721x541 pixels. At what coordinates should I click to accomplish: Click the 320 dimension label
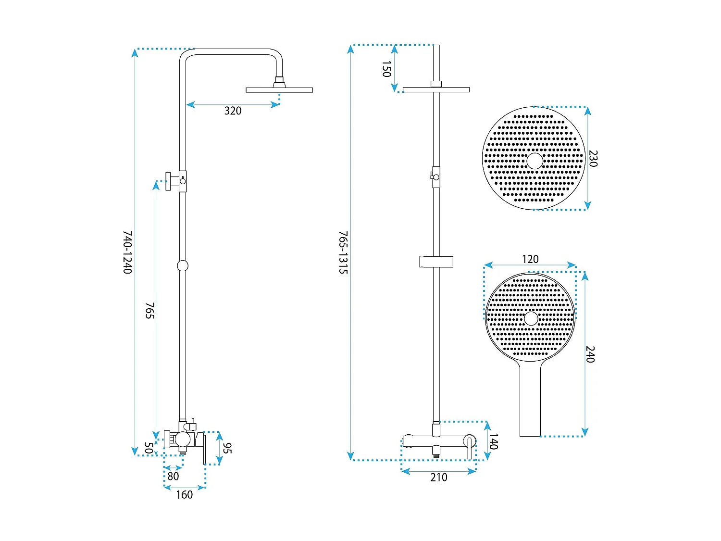tap(233, 111)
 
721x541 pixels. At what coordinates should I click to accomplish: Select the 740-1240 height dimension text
tap(127, 252)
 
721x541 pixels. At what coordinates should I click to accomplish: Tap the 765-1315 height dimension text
tap(343, 252)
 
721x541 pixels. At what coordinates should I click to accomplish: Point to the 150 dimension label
tap(386, 69)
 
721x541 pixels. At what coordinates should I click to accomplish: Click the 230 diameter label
tap(593, 159)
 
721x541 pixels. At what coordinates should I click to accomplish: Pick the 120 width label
tap(530, 259)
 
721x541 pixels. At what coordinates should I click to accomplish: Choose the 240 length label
tap(590, 354)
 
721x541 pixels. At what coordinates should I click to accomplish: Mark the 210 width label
tap(438, 477)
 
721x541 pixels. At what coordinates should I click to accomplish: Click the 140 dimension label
tap(494, 441)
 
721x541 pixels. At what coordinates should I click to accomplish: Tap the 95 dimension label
tap(227, 448)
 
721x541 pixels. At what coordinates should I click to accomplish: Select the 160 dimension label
tap(184, 495)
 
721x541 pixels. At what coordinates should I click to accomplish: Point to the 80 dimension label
tap(173, 476)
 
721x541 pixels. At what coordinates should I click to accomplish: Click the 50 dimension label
tap(149, 448)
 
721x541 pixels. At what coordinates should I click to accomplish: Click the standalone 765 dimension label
tap(150, 311)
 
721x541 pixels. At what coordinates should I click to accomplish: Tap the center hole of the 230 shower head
tap(535, 161)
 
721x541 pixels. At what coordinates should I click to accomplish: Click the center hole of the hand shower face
tap(531, 319)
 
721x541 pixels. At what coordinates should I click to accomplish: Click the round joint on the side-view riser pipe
tap(183, 266)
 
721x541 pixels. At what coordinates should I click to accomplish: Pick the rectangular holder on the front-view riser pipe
tap(436, 262)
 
